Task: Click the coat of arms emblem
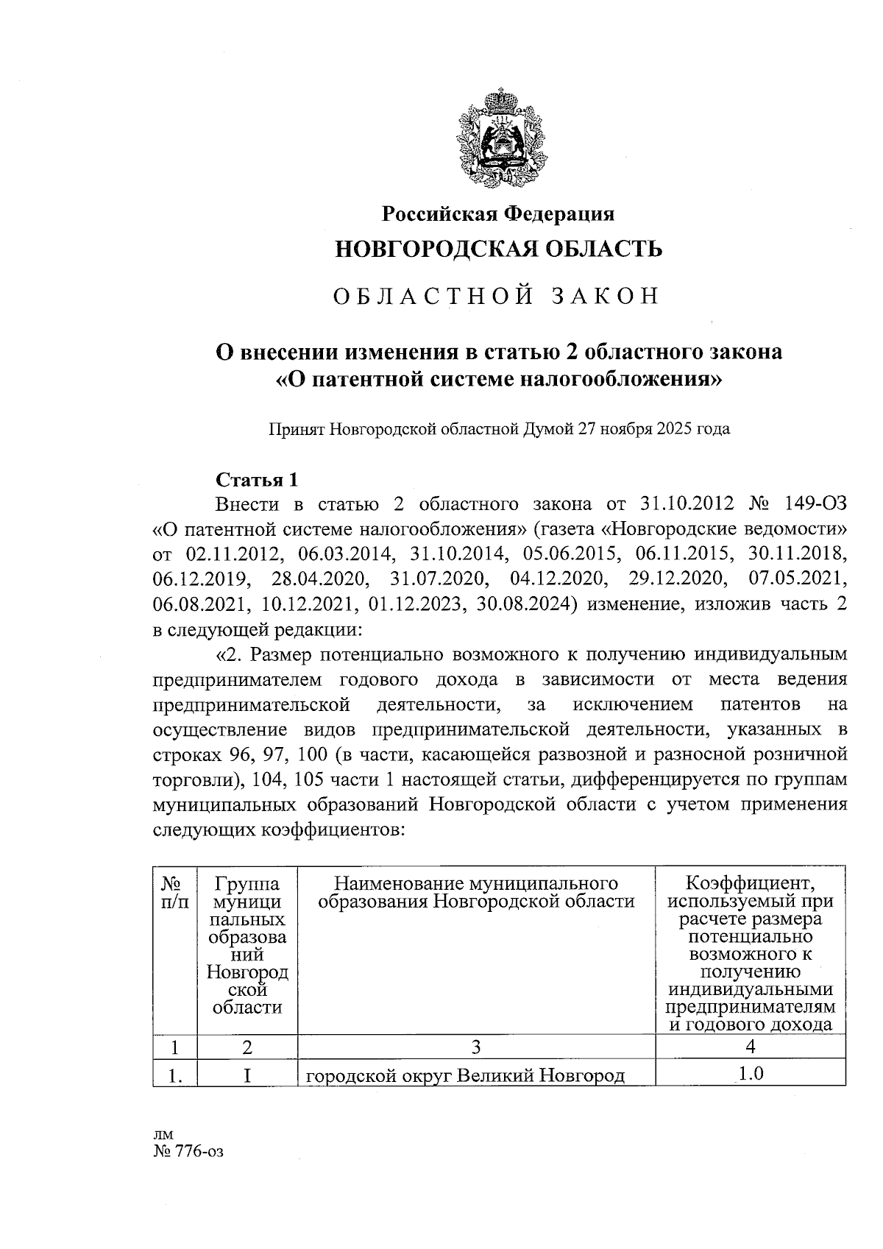(499, 141)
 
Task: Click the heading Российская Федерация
(498, 213)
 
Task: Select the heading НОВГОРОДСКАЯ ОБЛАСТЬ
(498, 249)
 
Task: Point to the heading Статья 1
(257, 480)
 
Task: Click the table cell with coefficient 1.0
(750, 1074)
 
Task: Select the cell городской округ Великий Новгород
(465, 1075)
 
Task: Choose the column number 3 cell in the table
(476, 1047)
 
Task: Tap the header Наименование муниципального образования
(476, 892)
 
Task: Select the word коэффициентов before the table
(330, 830)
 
